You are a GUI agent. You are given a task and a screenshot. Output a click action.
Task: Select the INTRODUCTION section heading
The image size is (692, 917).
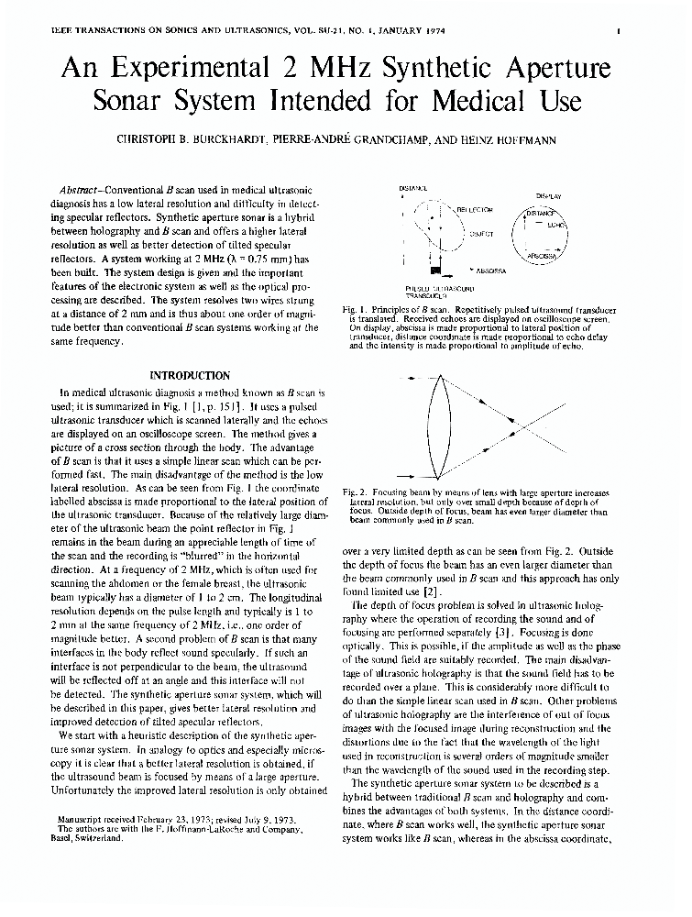(191, 375)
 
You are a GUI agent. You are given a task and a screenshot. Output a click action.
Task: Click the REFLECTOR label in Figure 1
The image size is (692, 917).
(475, 211)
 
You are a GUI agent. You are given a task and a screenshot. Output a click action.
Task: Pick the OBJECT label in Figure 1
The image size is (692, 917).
(481, 235)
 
